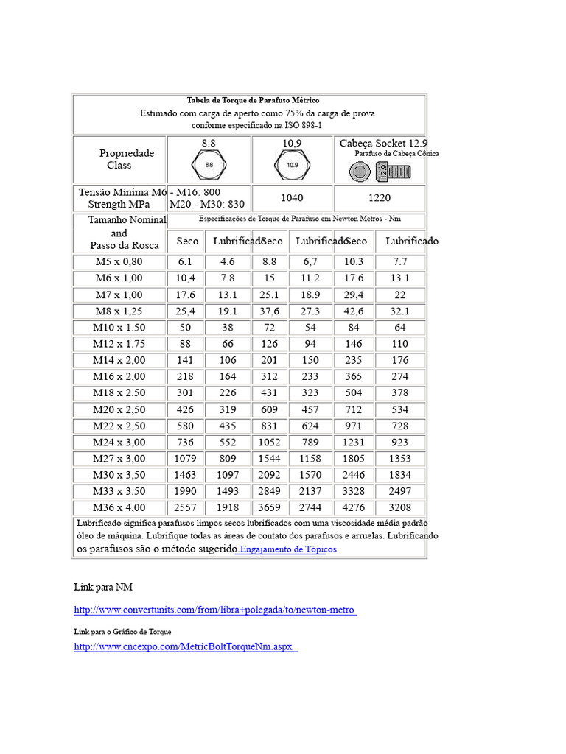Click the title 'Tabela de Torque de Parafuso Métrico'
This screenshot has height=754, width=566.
[253, 100]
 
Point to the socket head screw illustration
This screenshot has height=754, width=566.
[380, 172]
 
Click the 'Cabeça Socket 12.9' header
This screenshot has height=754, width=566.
[383, 143]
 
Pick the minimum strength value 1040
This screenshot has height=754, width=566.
[293, 198]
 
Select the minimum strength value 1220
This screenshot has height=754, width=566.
[379, 198]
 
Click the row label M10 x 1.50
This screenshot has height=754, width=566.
[119, 327]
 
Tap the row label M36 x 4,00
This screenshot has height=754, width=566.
[119, 507]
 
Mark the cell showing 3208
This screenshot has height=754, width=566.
[400, 507]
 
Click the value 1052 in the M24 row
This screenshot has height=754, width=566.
[269, 442]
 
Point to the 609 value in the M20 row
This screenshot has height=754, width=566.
[269, 409]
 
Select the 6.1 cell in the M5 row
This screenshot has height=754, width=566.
[185, 261]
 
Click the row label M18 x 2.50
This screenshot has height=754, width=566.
[119, 392]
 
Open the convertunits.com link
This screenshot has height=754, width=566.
[215, 610]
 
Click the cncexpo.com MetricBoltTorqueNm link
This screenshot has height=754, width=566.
[185, 646]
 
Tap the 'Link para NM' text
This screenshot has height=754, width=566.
[103, 587]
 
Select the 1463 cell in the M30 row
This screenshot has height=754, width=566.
[185, 475]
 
